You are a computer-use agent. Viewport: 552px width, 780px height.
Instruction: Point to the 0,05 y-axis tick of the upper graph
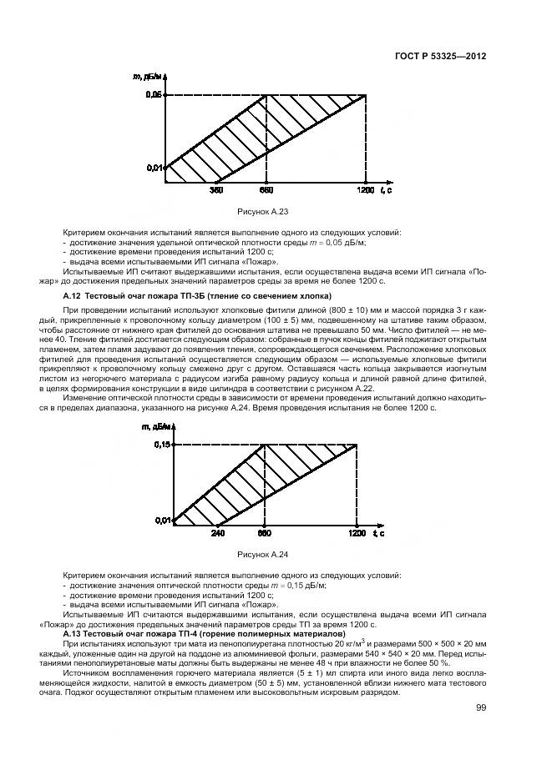click(154, 96)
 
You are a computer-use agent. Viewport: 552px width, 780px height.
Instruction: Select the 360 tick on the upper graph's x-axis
click(216, 191)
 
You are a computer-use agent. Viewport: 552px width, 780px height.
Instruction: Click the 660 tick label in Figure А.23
click(266, 191)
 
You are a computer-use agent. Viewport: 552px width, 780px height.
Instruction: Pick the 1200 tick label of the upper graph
click(366, 191)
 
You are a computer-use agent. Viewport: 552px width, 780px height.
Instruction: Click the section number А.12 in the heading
click(73, 296)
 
